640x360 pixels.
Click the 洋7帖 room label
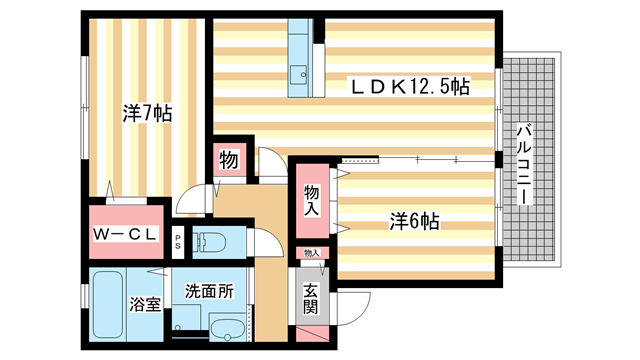147,114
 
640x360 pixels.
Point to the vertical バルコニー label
522,165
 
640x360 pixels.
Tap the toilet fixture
211,242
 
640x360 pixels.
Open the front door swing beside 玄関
354,301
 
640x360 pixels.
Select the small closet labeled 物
227,161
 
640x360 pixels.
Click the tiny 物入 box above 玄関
311,254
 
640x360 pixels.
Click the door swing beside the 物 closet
267,165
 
